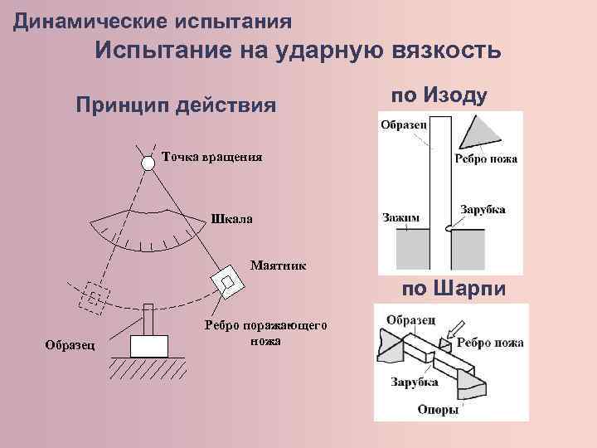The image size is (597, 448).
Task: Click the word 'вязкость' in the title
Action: coord(445,52)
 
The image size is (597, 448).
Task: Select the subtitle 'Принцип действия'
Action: coord(175,105)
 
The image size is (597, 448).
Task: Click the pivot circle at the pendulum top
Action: coord(148,163)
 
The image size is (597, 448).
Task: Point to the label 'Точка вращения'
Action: coord(212,157)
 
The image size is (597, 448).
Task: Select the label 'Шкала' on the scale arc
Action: coord(233,220)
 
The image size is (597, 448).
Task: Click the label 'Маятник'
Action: coord(278,266)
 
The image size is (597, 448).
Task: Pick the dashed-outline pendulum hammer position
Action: coord(93,296)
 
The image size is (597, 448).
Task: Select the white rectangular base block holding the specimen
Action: coord(149,343)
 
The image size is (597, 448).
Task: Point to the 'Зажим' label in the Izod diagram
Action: coord(402,217)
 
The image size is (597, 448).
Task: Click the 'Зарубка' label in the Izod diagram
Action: coord(483,210)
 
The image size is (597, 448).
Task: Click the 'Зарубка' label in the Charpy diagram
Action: coord(415,382)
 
